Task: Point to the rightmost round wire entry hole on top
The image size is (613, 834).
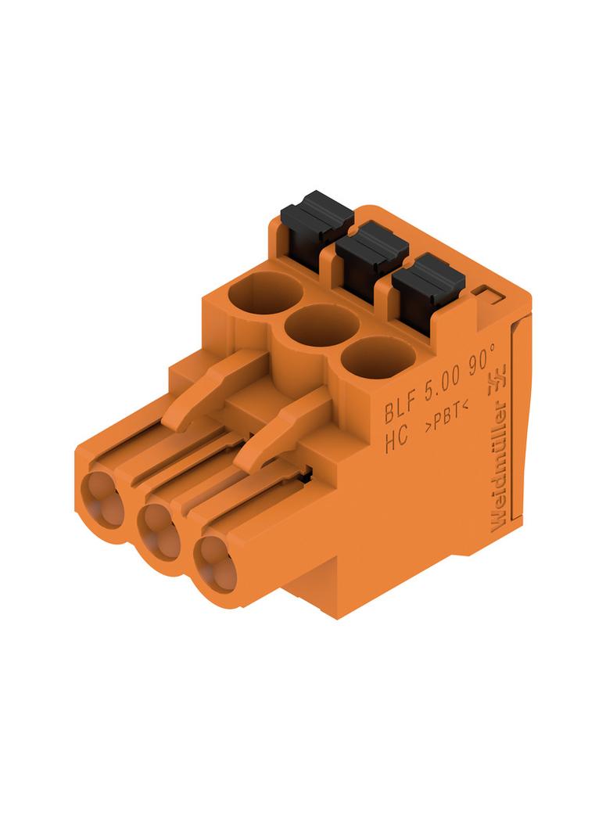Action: pyautogui.click(x=378, y=357)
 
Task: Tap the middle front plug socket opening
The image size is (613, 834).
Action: pyautogui.click(x=158, y=529)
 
